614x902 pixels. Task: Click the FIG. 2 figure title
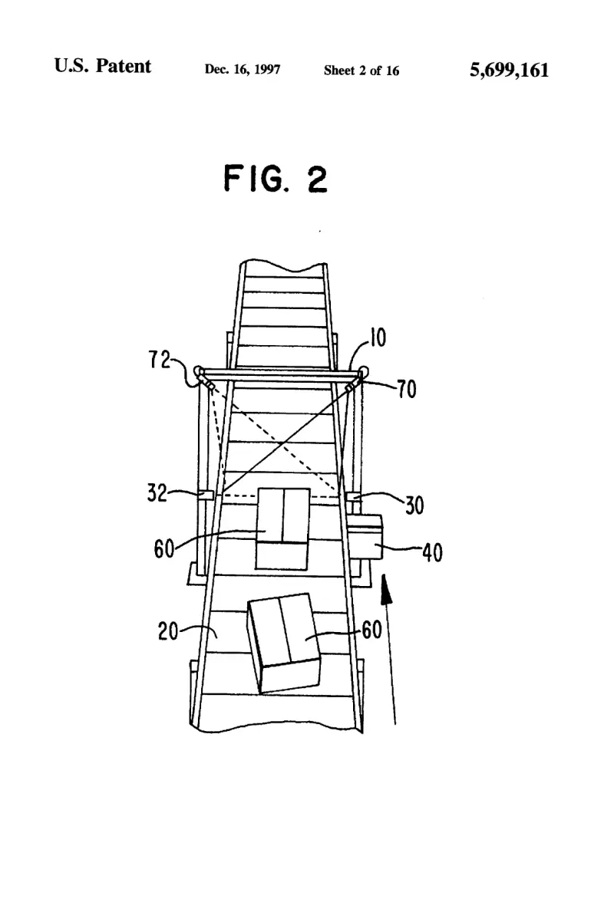275,178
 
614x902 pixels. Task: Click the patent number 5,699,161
510,71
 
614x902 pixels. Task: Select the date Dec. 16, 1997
243,69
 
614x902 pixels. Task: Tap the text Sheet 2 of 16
361,71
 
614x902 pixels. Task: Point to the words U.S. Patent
102,66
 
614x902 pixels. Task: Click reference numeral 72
160,360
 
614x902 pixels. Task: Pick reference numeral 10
378,337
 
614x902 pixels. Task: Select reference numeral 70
407,389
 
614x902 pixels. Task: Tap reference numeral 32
157,493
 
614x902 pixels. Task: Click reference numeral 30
414,505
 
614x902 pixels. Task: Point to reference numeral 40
433,552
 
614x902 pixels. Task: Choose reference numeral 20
168,631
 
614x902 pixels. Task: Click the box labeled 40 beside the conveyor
365,537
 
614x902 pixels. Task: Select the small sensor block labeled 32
206,495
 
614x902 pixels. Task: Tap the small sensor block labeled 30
354,495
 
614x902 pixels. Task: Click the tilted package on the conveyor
284,642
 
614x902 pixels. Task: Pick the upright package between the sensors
282,528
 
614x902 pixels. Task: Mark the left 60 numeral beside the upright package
164,548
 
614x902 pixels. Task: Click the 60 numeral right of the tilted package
371,630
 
